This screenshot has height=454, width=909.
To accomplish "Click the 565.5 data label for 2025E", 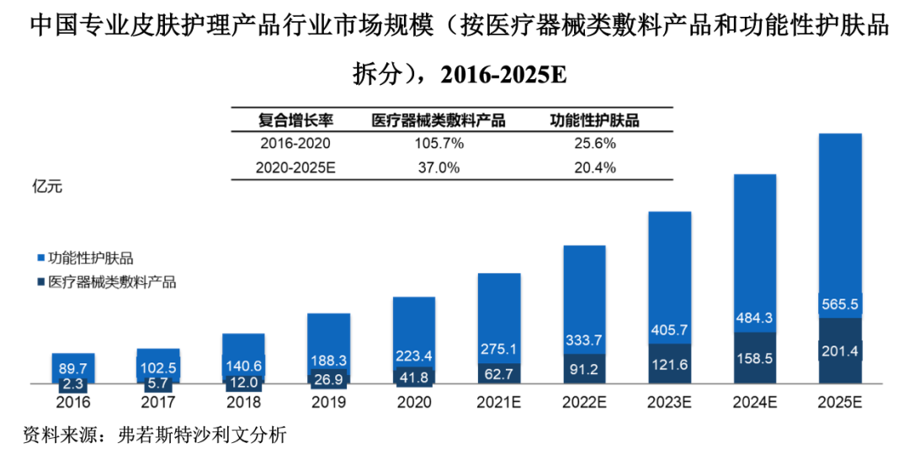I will (839, 304).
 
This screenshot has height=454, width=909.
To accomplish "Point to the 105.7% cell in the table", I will (439, 144).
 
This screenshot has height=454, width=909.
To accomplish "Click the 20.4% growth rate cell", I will (596, 167).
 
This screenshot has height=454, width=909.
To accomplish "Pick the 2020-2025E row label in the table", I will (295, 167).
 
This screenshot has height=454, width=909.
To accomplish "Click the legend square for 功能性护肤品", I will (41, 258).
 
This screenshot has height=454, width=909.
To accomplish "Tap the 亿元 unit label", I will (46, 187).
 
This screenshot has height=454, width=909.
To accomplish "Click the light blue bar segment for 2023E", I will (669, 269).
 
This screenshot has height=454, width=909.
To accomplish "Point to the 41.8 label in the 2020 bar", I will (413, 377).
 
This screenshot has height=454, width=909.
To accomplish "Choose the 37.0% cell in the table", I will (439, 167).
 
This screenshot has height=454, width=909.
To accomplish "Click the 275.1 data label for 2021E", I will (498, 346).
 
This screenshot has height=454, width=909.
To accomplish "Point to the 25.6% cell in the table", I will (596, 144).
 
